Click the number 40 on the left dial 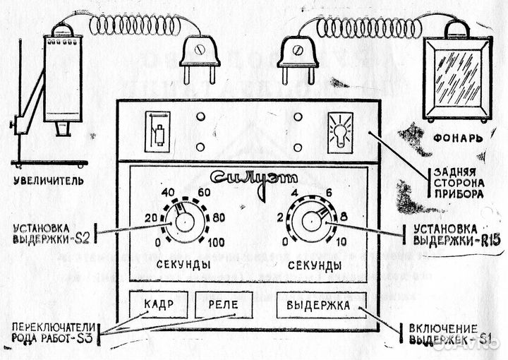click(169, 192)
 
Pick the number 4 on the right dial click(297, 192)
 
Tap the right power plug click(298, 60)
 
